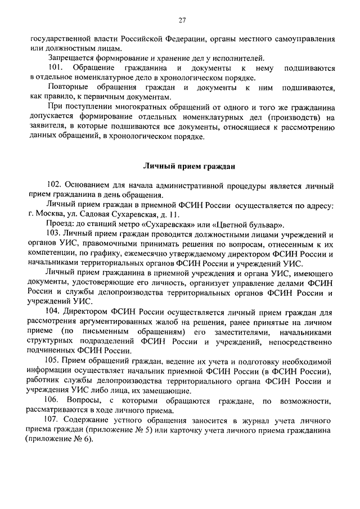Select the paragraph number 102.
[x=55, y=185]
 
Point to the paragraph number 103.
[x=55, y=234]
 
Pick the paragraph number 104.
[x=55, y=312]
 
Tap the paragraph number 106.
[x=55, y=400]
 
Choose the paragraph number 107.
[x=55, y=420]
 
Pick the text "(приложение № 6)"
[x=56, y=439]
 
